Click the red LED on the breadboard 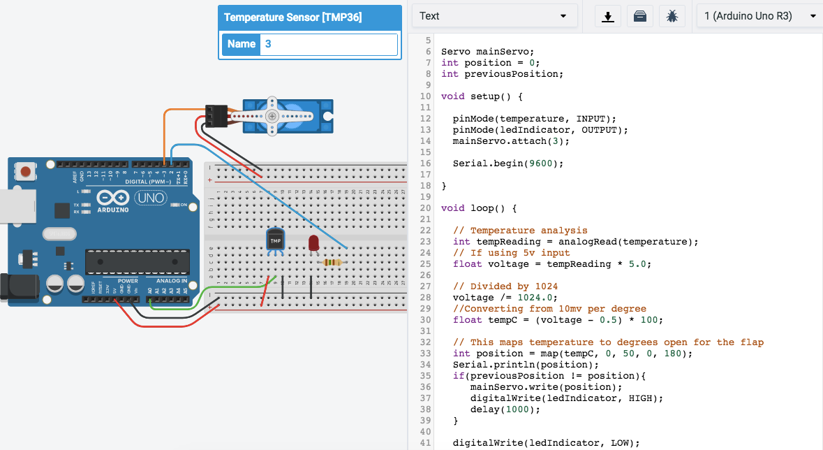click(x=313, y=242)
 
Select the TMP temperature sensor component click(x=275, y=240)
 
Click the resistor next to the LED click(x=334, y=263)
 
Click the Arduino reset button click(x=27, y=171)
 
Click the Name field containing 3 click(x=328, y=44)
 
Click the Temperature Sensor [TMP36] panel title click(x=293, y=17)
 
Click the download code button click(x=608, y=16)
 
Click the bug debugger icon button click(x=672, y=16)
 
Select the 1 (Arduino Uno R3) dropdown click(x=759, y=16)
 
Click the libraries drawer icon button click(x=639, y=16)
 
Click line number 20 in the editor click(x=425, y=208)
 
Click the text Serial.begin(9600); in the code click(x=507, y=164)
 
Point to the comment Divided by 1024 click(x=505, y=286)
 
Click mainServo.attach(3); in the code click(x=511, y=141)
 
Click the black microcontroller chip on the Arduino click(x=138, y=261)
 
